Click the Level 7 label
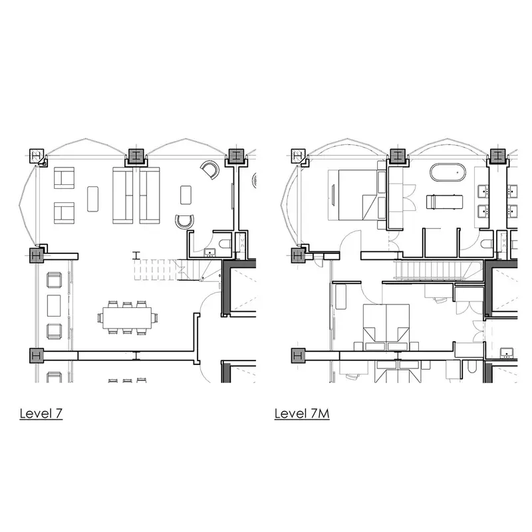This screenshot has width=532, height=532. pyautogui.click(x=41, y=413)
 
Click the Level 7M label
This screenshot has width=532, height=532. pyautogui.click(x=302, y=413)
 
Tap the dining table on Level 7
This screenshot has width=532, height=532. pyautogui.click(x=127, y=318)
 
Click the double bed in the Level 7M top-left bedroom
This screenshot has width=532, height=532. pyautogui.click(x=353, y=194)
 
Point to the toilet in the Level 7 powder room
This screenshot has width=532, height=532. pyautogui.click(x=225, y=243)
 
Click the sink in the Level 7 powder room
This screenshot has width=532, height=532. pyautogui.click(x=209, y=253)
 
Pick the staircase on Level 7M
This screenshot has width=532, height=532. pyautogui.click(x=438, y=270)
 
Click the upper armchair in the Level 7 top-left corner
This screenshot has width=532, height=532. pyautogui.click(x=64, y=178)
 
